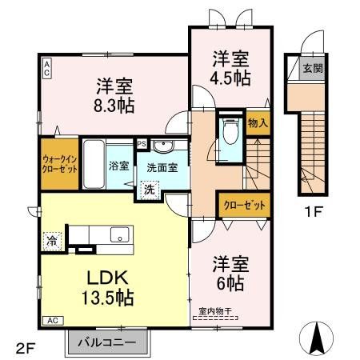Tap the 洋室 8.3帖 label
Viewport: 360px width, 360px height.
[x=114, y=94]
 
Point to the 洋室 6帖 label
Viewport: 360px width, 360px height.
[x=230, y=273]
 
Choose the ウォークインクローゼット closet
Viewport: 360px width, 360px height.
[x=59, y=163]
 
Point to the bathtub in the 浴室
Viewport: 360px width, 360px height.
[x=93, y=164]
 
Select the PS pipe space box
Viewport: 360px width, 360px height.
[x=142, y=144]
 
